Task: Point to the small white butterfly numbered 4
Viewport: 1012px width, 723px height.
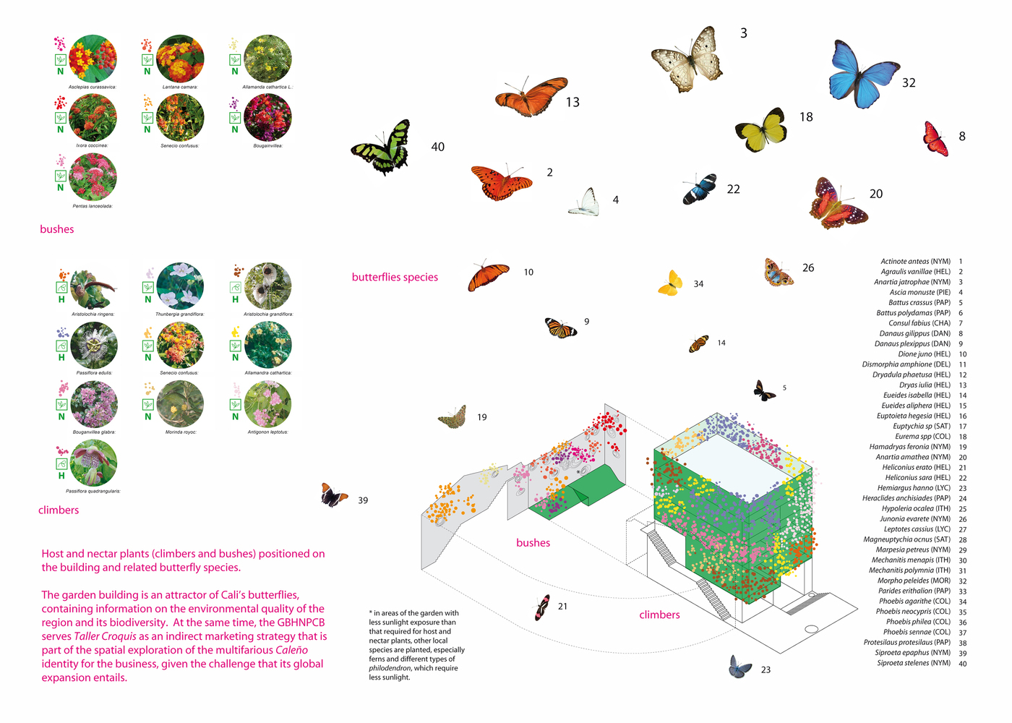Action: coord(586,202)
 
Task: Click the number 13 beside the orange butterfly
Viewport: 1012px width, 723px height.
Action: coord(573,103)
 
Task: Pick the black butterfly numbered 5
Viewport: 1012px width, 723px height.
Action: coord(763,390)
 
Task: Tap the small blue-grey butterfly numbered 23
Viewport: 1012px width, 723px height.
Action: coord(739,667)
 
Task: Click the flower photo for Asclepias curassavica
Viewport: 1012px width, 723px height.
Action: coord(93,58)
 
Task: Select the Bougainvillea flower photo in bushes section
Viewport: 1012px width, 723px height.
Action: coord(267,117)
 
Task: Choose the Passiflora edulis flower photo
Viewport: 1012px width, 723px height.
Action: coord(93,345)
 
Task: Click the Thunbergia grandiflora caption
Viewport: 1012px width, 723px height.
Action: coord(179,315)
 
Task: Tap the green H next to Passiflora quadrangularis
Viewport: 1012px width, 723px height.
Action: coord(61,476)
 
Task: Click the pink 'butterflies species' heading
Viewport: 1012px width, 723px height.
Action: coord(395,277)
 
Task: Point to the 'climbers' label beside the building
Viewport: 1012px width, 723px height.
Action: coord(659,615)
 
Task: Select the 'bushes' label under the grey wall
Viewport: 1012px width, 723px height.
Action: coord(533,543)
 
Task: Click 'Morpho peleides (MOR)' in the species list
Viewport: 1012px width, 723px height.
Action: coord(914,581)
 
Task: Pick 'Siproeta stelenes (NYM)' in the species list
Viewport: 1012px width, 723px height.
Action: coord(914,663)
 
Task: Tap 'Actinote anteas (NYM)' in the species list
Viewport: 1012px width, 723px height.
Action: coord(915,262)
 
